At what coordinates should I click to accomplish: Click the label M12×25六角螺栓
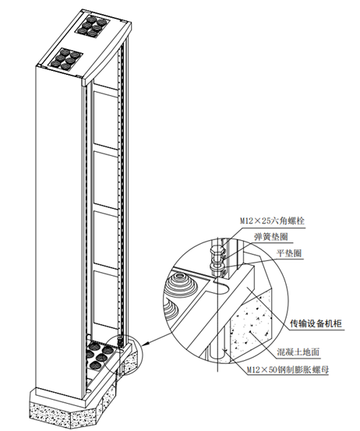pos(272,221)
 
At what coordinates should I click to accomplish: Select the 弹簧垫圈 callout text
pos(271,236)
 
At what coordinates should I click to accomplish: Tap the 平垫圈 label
pos(288,253)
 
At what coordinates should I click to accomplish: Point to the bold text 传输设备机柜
pos(316,323)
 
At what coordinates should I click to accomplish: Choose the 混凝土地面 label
pos(298,352)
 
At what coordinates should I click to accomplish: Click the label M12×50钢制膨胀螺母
pos(288,369)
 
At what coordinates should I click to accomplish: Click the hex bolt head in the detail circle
pos(217,251)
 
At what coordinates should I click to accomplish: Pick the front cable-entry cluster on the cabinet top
pos(66,58)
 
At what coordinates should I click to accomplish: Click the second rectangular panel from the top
pos(106,179)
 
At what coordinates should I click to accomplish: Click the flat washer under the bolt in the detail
pos(217,267)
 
